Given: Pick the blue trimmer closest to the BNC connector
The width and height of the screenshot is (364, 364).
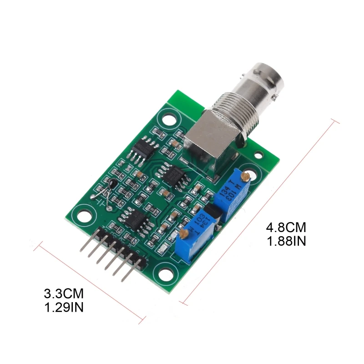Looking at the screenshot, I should [x=236, y=192].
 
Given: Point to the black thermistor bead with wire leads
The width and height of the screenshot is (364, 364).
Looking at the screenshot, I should [x=112, y=184].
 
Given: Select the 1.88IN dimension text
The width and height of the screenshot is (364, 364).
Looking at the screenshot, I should [x=286, y=241].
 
